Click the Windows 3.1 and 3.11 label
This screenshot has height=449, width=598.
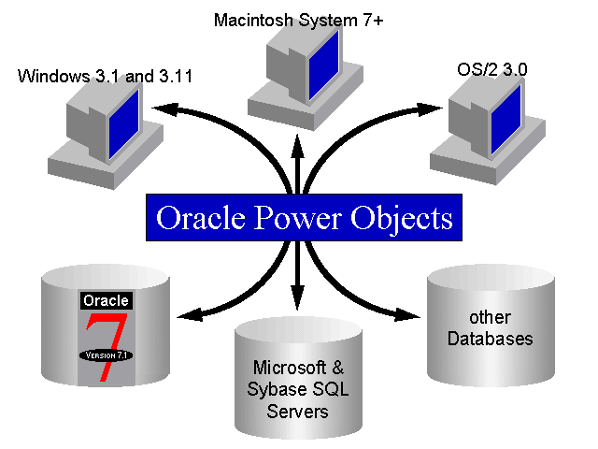click(x=105, y=76)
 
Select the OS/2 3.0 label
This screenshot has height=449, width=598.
click(x=478, y=71)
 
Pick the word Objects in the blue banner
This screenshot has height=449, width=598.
click(x=404, y=219)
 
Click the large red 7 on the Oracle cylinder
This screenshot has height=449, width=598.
click(x=105, y=341)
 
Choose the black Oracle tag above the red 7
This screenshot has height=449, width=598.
click(x=106, y=301)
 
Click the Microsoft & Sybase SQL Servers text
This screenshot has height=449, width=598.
click(x=298, y=388)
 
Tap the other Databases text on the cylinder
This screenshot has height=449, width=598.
click(x=477, y=330)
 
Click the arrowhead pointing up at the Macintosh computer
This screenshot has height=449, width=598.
click(x=298, y=145)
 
